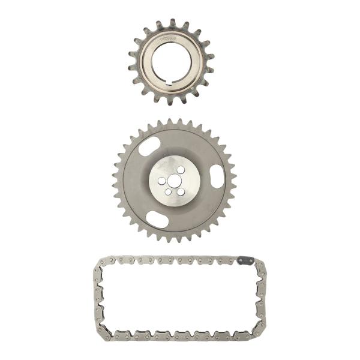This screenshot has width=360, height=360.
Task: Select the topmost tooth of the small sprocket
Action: pyautogui.click(x=172, y=23)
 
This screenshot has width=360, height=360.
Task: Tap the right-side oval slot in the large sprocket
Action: pyautogui.click(x=217, y=176)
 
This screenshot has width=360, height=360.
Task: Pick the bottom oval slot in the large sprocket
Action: pyautogui.click(x=157, y=220)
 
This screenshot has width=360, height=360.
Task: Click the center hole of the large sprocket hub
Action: pyautogui.click(x=172, y=181)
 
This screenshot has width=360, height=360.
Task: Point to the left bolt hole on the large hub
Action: pyautogui.click(x=161, y=181)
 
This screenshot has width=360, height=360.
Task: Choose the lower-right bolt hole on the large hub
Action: pyautogui.click(x=181, y=191)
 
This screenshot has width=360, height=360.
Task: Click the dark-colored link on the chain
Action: pyautogui.click(x=245, y=260)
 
